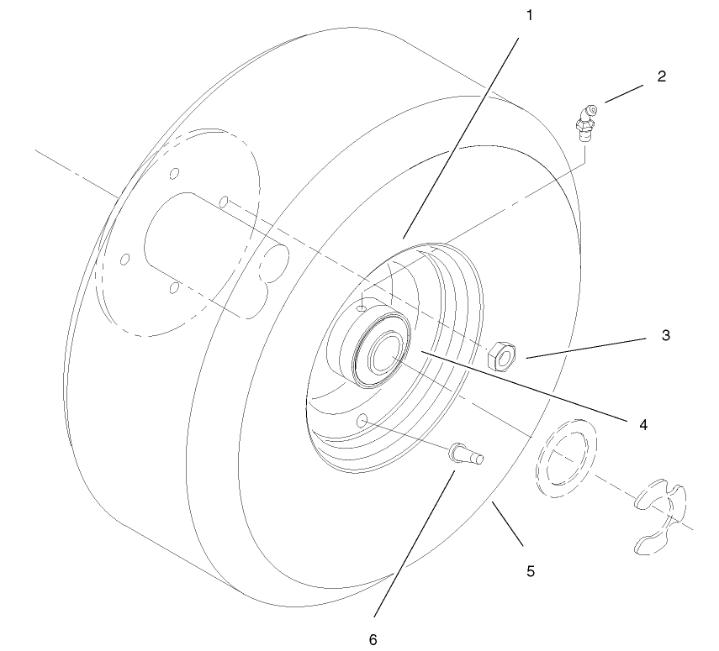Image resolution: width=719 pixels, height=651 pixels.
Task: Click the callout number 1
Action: pos(530,15)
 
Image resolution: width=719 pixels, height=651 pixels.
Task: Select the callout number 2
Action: pos(661,76)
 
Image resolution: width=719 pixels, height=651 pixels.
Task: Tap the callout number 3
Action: pos(665,335)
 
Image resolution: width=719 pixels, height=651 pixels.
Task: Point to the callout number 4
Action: pos(643,424)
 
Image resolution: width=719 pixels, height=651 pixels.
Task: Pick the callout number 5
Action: pos(530,571)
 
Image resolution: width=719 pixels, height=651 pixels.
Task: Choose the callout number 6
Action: pos(373,638)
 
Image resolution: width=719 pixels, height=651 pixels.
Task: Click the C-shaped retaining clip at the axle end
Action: pos(659,515)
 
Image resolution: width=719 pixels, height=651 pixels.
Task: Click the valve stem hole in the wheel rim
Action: pos(363,418)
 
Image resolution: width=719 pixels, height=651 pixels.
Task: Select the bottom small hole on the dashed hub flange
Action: pos(173,289)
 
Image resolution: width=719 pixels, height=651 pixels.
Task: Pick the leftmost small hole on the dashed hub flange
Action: pos(124,258)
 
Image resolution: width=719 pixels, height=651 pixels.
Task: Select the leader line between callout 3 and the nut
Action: pos(589,347)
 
